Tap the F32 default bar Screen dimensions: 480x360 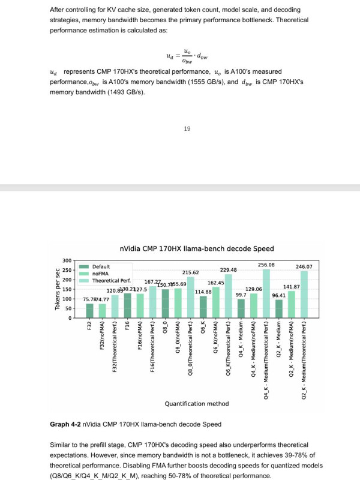pyautogui.click(x=89, y=310)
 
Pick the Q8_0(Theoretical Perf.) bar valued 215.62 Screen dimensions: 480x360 pyautogui.click(x=190, y=297)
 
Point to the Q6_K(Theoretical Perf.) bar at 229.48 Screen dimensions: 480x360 pyautogui.click(x=229, y=296)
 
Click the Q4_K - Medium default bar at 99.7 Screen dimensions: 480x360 pyautogui.click(x=241, y=308)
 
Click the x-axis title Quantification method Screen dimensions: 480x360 pyautogui.click(x=196, y=403)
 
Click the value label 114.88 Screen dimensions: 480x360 pyautogui.click(x=203, y=292)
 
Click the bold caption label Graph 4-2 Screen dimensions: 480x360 pyautogui.click(x=66, y=424)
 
